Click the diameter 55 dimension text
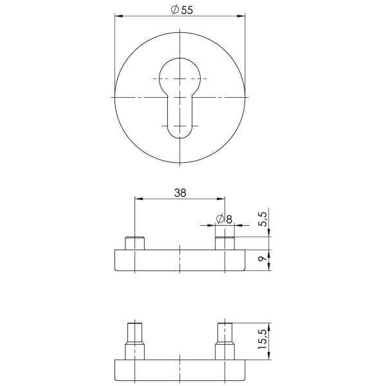pos(182,10)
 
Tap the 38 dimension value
pos(180,193)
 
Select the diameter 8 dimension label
pos(224,219)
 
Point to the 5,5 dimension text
pos(263,219)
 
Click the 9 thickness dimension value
pos(263,259)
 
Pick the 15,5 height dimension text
pos(262,339)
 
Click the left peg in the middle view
pos(134,243)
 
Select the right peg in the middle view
pos(225,243)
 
